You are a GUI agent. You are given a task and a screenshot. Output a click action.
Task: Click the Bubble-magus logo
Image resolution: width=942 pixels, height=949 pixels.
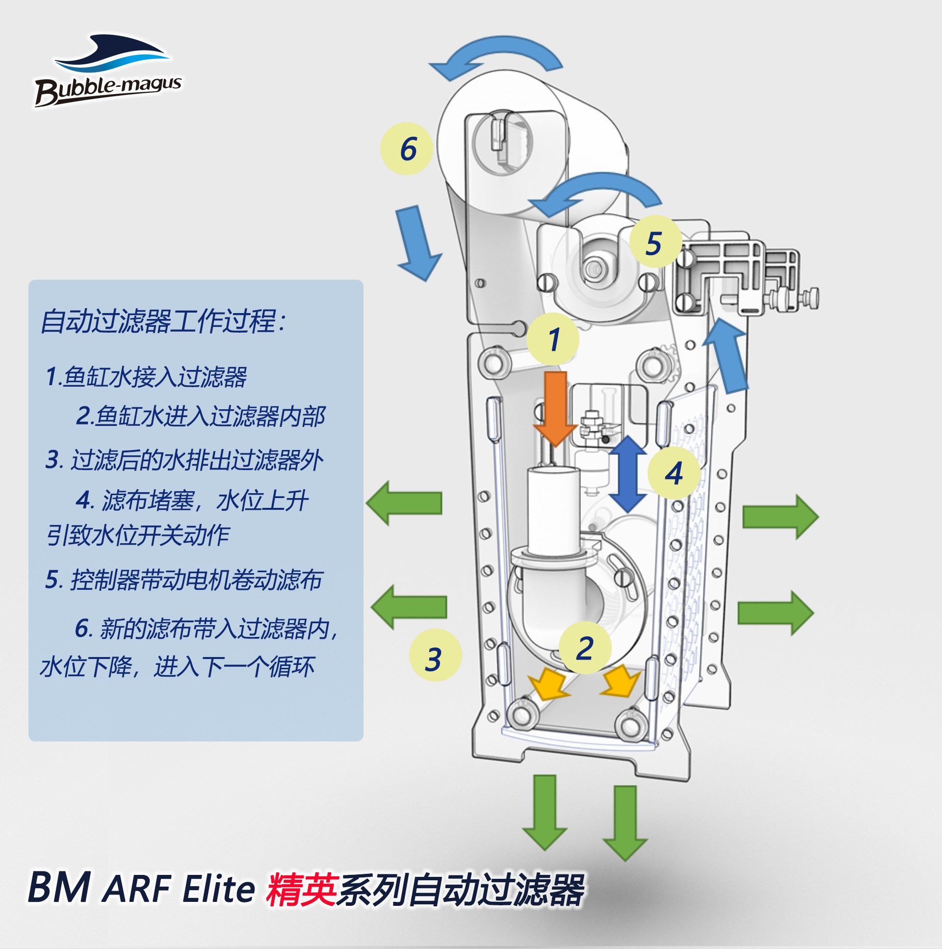[108, 70]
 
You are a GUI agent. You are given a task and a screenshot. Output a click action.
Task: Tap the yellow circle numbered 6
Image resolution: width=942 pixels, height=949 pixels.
[407, 149]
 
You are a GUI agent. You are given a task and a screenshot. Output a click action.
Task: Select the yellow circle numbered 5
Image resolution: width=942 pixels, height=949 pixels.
[655, 242]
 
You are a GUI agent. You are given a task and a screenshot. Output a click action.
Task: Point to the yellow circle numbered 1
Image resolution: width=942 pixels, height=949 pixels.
[553, 339]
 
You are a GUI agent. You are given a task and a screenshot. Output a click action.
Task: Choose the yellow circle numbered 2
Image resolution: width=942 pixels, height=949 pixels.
[585, 648]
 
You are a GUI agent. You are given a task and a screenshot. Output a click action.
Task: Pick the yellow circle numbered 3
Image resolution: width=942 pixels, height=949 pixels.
[435, 655]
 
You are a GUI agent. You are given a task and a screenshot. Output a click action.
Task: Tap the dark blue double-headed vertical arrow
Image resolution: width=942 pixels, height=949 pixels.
[628, 474]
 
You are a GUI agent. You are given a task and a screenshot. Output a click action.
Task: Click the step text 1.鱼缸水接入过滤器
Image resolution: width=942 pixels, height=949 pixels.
[146, 377]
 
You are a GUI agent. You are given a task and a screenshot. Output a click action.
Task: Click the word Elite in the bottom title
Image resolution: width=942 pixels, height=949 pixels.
[218, 889]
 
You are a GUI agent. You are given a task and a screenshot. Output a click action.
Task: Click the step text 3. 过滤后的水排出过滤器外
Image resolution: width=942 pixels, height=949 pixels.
[184, 460]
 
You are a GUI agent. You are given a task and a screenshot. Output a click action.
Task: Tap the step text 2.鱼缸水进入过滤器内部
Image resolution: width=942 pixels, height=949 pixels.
[200, 416]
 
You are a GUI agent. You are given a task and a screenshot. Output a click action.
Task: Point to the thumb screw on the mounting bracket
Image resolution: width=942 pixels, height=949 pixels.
[811, 297]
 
